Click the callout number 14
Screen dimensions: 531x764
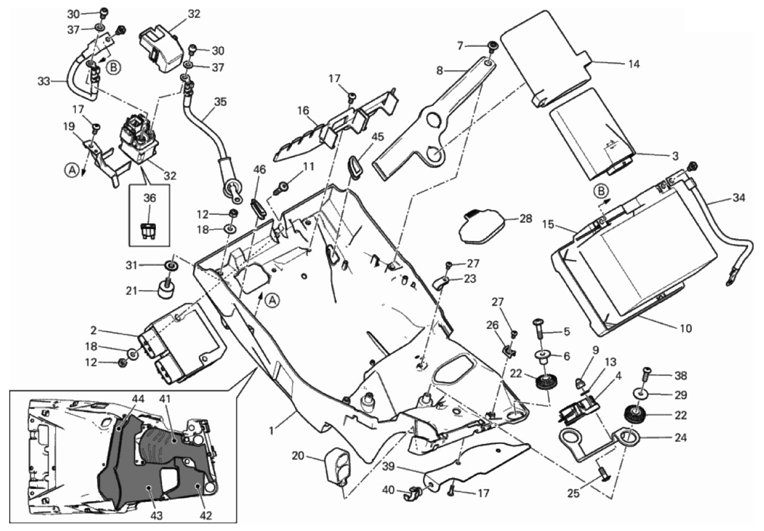[634, 64]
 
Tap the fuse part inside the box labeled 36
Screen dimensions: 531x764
[150, 231]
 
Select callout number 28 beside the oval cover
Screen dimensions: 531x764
[525, 219]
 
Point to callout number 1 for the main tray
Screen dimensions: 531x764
[271, 431]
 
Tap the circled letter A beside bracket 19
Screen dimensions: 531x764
[71, 170]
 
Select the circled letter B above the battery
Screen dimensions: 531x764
[601, 190]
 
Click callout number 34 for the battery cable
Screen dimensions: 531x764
[739, 198]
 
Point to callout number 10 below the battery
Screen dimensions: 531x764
[686, 329]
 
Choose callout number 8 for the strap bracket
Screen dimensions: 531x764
[440, 69]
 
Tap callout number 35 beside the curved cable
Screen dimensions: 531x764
[220, 101]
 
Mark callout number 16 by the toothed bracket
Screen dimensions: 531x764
[303, 111]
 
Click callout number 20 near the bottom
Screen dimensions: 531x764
[298, 456]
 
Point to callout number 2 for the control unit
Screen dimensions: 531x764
[93, 330]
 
